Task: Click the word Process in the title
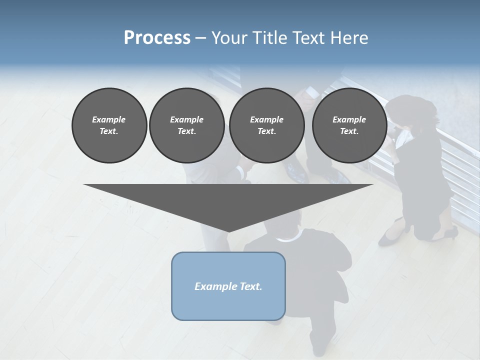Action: pyautogui.click(x=157, y=38)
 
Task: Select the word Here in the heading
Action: pyautogui.click(x=349, y=38)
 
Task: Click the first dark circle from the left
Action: pyautogui.click(x=109, y=125)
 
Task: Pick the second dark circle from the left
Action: pyautogui.click(x=186, y=125)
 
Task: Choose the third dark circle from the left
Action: pyautogui.click(x=266, y=125)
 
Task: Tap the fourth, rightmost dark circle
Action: pyautogui.click(x=349, y=125)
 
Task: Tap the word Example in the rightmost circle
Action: pyautogui.click(x=349, y=119)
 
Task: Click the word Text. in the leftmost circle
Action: pyautogui.click(x=109, y=131)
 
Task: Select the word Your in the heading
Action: pyautogui.click(x=227, y=38)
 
